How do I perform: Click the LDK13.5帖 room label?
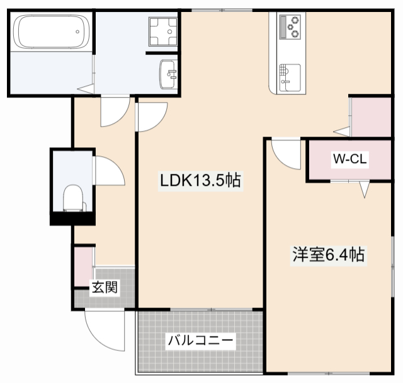[200, 181]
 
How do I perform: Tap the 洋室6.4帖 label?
[328, 255]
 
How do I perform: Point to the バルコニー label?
[200, 342]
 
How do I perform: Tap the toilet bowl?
[74, 198]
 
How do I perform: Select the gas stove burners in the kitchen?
[291, 26]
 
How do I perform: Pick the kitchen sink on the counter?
[289, 76]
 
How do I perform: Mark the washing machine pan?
[163, 30]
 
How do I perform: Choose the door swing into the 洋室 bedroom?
[285, 152]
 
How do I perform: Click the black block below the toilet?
[72, 219]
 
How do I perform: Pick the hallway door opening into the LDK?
[150, 117]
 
